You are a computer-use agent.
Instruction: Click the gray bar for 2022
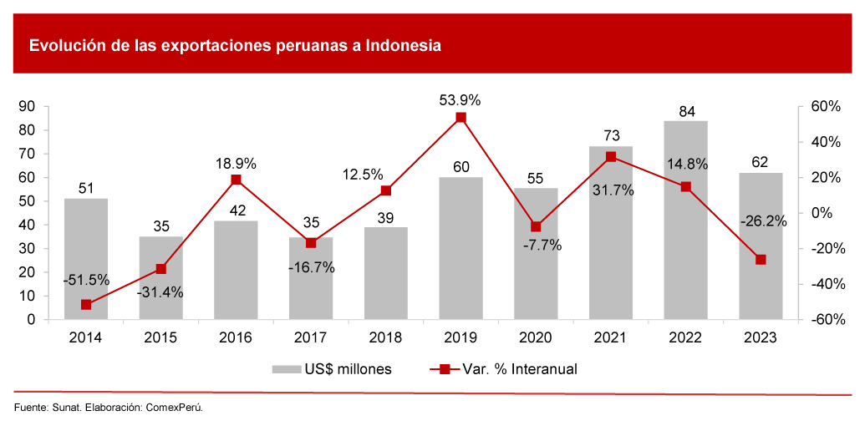pyautogui.click(x=685, y=221)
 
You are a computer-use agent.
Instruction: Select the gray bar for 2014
pyautogui.click(x=86, y=259)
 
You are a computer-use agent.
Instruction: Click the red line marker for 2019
pyautogui.click(x=460, y=118)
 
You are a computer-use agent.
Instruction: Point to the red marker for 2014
pyautogui.click(x=86, y=305)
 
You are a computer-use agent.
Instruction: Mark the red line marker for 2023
pyautogui.click(x=761, y=260)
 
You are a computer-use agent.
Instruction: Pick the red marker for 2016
pyautogui.click(x=236, y=180)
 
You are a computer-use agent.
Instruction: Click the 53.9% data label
pyautogui.click(x=460, y=100)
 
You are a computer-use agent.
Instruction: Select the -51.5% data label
pyautogui.click(x=86, y=281)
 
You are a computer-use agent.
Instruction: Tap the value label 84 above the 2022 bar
pyautogui.click(x=686, y=111)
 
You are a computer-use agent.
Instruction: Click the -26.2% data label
pyautogui.click(x=761, y=221)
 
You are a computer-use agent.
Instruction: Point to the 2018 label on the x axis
pyautogui.click(x=385, y=337)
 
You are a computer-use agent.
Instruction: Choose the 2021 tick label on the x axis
pyautogui.click(x=611, y=337)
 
